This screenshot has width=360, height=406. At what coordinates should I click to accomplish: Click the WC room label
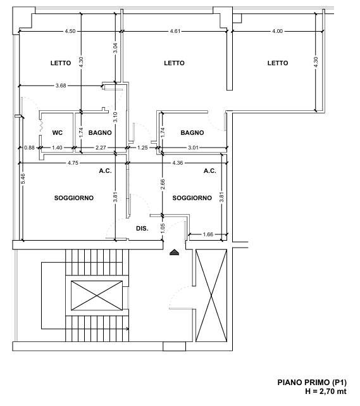tap(57, 133)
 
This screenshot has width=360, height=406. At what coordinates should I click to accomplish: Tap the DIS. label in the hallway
tap(142, 229)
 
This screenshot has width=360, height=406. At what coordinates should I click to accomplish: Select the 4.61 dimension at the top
tap(175, 31)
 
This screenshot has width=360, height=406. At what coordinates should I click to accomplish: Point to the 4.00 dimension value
tap(278, 31)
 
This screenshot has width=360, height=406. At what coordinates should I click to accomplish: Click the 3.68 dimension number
tap(61, 86)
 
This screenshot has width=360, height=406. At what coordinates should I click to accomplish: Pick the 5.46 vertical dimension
tap(23, 179)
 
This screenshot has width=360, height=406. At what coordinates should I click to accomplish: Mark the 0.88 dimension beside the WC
tap(30, 148)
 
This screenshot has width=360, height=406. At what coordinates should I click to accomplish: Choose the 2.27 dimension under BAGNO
tap(101, 148)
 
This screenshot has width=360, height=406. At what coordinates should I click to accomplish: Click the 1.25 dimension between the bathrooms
tap(142, 148)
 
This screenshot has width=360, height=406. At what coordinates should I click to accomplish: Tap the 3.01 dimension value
tap(193, 148)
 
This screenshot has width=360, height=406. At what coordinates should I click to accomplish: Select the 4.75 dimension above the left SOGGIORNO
tap(73, 163)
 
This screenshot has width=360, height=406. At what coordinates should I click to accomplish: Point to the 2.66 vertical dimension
tap(163, 184)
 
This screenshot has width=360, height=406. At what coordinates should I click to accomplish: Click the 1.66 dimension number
tap(208, 234)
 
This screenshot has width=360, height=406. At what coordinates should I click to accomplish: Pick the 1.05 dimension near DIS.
tap(163, 229)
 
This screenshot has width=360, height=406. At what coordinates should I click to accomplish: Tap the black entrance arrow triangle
tap(175, 252)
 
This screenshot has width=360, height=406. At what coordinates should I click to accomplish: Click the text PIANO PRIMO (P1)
tap(312, 382)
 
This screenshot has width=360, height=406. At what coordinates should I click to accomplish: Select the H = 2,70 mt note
tap(326, 391)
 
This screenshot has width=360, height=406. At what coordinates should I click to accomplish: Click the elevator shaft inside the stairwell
tap(97, 295)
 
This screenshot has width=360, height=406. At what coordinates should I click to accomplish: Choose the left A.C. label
tap(105, 171)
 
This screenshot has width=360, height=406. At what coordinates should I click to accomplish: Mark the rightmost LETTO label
tap(278, 63)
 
